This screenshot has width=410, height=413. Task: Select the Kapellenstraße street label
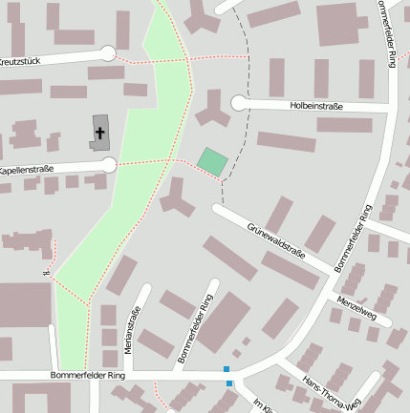(26, 170)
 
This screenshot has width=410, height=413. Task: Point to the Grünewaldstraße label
(275, 240)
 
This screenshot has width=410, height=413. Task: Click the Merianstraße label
(135, 330)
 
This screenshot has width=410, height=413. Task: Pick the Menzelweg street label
(356, 307)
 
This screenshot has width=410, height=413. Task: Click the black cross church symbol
(100, 133)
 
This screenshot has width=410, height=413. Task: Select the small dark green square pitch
(212, 161)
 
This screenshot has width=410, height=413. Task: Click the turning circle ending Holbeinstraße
(238, 103)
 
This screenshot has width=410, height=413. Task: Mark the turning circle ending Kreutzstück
(108, 54)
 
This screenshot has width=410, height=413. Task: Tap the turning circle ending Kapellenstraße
(109, 165)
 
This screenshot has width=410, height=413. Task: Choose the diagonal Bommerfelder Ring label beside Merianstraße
(193, 329)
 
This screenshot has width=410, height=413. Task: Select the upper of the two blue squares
(227, 369)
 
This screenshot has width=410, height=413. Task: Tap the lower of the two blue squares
(229, 383)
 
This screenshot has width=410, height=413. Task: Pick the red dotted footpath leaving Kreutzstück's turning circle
(143, 61)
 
